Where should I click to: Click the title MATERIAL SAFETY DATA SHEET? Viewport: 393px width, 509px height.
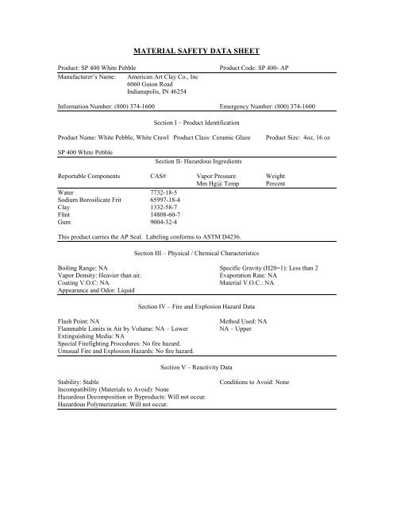(195, 49)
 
